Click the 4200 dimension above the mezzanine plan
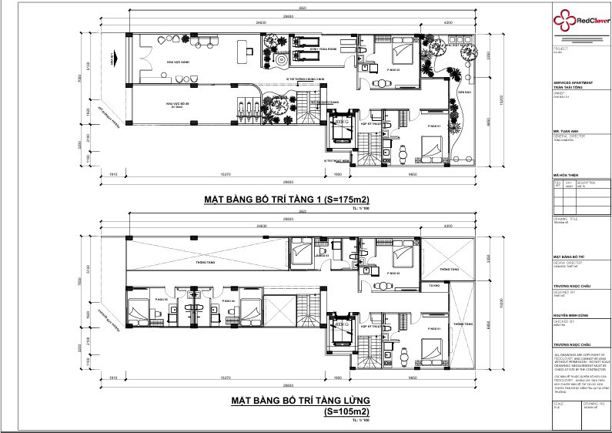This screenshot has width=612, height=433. tap(448, 226)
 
